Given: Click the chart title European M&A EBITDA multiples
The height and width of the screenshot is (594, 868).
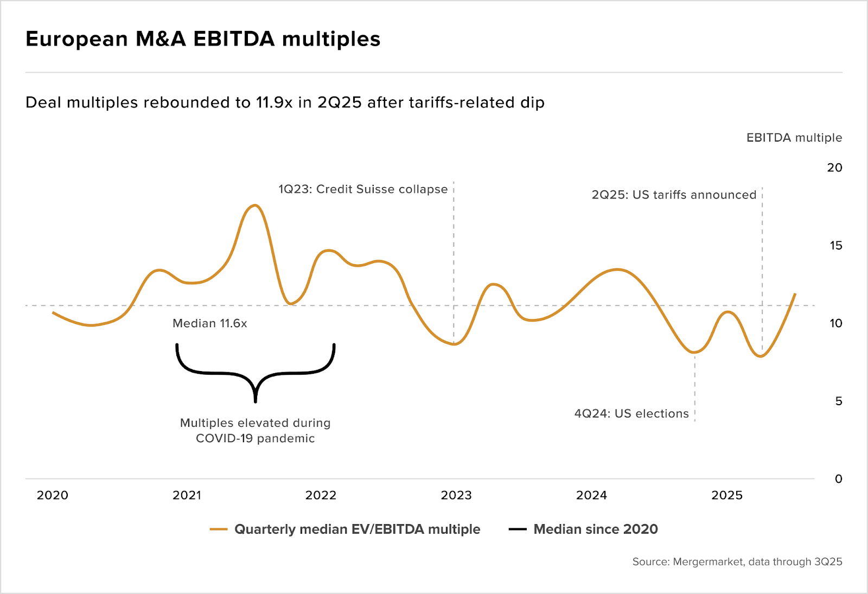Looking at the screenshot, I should pos(203,39).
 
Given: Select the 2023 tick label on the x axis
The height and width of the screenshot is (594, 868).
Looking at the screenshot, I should pos(456,495).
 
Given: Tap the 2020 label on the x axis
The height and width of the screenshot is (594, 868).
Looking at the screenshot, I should pos(53,495).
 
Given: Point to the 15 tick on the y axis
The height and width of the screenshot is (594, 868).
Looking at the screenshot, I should pos(835,246).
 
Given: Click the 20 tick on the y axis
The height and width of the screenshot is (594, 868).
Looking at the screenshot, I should pos(834,168).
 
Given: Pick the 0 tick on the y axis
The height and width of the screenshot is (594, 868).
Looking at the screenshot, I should pos(838,479).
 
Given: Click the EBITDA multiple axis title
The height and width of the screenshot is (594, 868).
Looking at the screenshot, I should pos(794,138).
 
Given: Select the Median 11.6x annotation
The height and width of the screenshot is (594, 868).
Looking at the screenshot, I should pos(210,323).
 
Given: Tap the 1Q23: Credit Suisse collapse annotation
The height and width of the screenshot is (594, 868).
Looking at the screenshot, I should pos(363,189).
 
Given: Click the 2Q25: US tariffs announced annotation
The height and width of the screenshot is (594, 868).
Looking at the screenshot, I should pos(674,195).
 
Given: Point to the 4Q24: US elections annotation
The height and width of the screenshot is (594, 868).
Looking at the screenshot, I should pos(631,414).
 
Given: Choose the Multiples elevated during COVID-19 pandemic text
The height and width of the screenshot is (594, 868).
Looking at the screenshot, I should pos(255,431).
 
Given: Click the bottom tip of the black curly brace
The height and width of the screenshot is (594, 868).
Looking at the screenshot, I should pos(256,401).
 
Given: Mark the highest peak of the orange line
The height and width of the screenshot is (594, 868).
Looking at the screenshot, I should pos(255,205).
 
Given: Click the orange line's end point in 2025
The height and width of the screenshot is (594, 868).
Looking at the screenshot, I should pos(795,293).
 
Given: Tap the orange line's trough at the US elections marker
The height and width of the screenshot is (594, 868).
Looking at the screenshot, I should pos(694,353).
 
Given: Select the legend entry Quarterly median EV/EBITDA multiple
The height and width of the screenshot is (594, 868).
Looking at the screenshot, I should pos(357,529).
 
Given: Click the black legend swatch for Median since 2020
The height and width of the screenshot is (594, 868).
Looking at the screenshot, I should pos(518,529).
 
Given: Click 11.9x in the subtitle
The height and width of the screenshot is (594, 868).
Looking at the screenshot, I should pos(274,103).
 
